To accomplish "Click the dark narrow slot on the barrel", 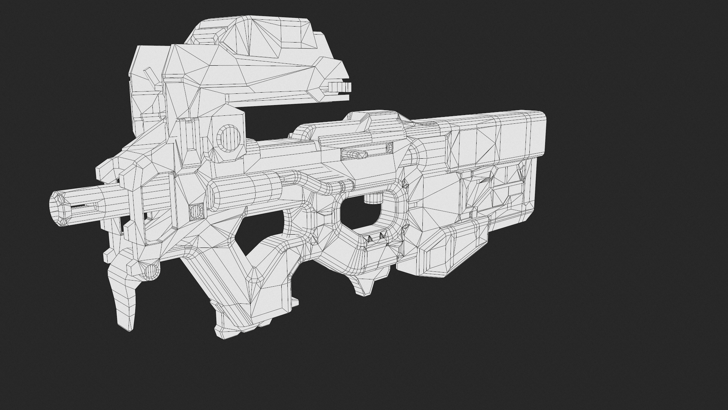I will [x=82, y=207].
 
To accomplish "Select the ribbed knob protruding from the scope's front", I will [x=340, y=87].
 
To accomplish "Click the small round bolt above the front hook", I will [x=151, y=271].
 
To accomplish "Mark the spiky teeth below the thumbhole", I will [x=375, y=238].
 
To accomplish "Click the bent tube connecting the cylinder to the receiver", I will [x=303, y=181].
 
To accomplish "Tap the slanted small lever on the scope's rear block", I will [x=150, y=76].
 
